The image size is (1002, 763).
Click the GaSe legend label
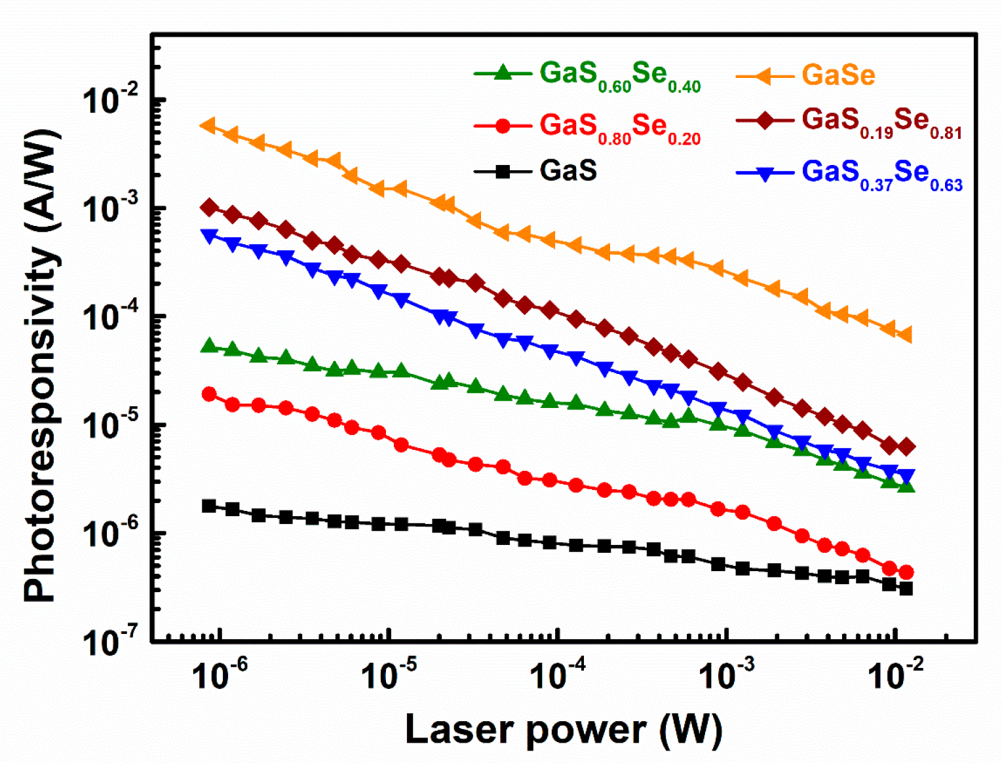click(x=838, y=75)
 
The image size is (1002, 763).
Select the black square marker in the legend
click(x=503, y=172)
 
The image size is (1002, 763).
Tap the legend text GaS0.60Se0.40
click(x=619, y=76)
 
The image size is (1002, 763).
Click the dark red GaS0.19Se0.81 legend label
click(x=881, y=122)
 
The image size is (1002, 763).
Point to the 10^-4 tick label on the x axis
click(x=558, y=675)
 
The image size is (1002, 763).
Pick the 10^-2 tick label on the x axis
click(x=895, y=675)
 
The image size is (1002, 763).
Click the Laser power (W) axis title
click(x=564, y=729)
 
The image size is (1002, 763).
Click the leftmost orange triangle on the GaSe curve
click(x=208, y=125)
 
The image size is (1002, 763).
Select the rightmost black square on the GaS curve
click(x=906, y=588)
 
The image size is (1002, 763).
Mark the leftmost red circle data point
click(x=209, y=394)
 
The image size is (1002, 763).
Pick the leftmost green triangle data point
click(x=209, y=346)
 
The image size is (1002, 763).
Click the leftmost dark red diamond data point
click(x=209, y=208)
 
